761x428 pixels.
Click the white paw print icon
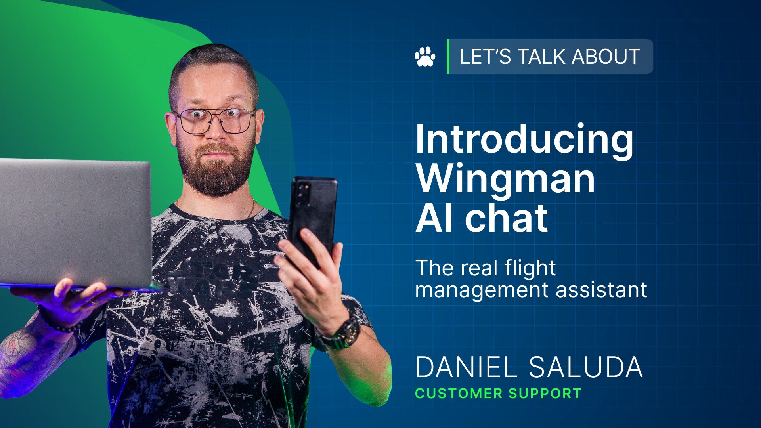pyautogui.click(x=425, y=57)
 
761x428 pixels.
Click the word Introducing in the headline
pyautogui.click(x=524, y=139)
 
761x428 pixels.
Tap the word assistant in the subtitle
pyautogui.click(x=601, y=290)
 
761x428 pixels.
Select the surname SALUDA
pyautogui.click(x=586, y=367)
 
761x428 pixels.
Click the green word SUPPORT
pyautogui.click(x=545, y=394)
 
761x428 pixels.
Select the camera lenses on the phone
pyautogui.click(x=304, y=192)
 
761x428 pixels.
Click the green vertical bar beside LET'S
pyautogui.click(x=448, y=56)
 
